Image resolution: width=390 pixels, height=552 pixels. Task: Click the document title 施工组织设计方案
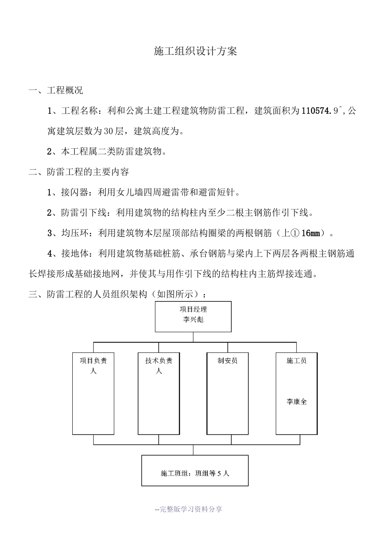coord(195,51)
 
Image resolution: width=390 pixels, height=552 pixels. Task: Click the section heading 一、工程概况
coord(56,90)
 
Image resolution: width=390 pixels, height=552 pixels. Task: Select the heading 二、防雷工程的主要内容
coord(79,172)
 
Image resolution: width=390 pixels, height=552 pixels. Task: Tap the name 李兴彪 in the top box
coord(193,320)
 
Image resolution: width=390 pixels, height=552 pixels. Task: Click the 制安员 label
coord(227,361)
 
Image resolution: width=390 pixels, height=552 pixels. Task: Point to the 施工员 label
coord(296,361)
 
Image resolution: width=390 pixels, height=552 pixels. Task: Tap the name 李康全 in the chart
coord(296,402)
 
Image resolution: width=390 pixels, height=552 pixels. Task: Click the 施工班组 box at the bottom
coord(195,470)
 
